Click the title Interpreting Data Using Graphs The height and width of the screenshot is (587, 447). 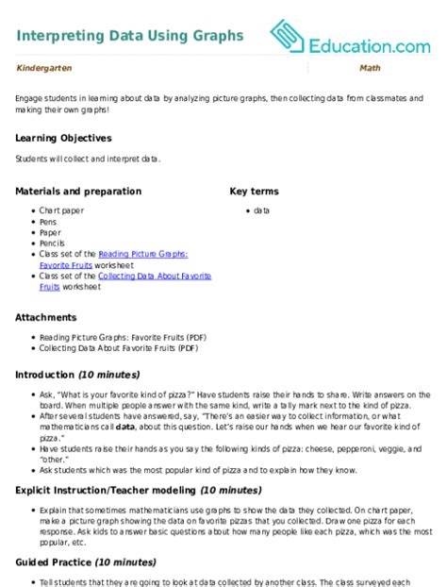pos(129,36)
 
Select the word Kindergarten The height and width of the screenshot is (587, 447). pos(41,69)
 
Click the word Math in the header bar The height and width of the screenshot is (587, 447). pos(370,69)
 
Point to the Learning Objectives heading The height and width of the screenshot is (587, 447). pos(63,138)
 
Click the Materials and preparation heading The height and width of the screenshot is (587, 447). pos(78,191)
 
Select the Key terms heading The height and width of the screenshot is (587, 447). pos(254,191)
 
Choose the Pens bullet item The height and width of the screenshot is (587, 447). pos(48,221)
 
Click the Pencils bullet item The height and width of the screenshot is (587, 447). pos(52,243)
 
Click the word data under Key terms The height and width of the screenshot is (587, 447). pos(262,210)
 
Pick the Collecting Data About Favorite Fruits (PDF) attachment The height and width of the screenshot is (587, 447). pos(118,347)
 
